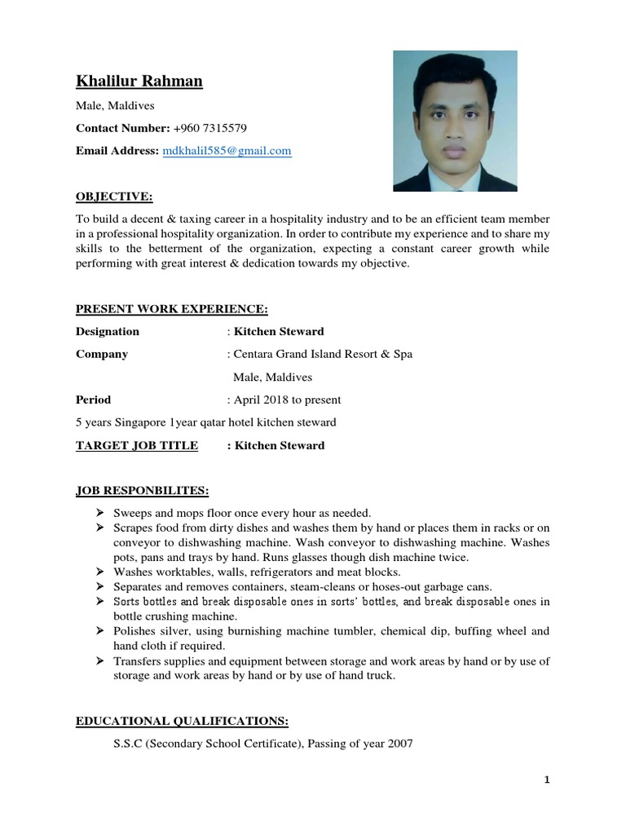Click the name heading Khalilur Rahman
click(x=139, y=81)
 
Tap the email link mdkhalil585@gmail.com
click(x=227, y=151)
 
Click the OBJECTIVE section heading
click(x=113, y=197)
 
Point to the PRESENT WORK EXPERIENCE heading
click(x=171, y=309)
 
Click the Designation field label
click(x=108, y=332)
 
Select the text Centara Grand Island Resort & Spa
click(x=323, y=355)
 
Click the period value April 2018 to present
click(x=287, y=400)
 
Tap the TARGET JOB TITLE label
click(x=137, y=446)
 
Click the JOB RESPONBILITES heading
click(x=142, y=490)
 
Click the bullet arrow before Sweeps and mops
click(x=99, y=513)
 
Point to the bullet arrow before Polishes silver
click(x=99, y=631)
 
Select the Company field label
click(x=102, y=355)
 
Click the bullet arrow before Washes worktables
click(x=99, y=572)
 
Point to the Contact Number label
click(x=122, y=128)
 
